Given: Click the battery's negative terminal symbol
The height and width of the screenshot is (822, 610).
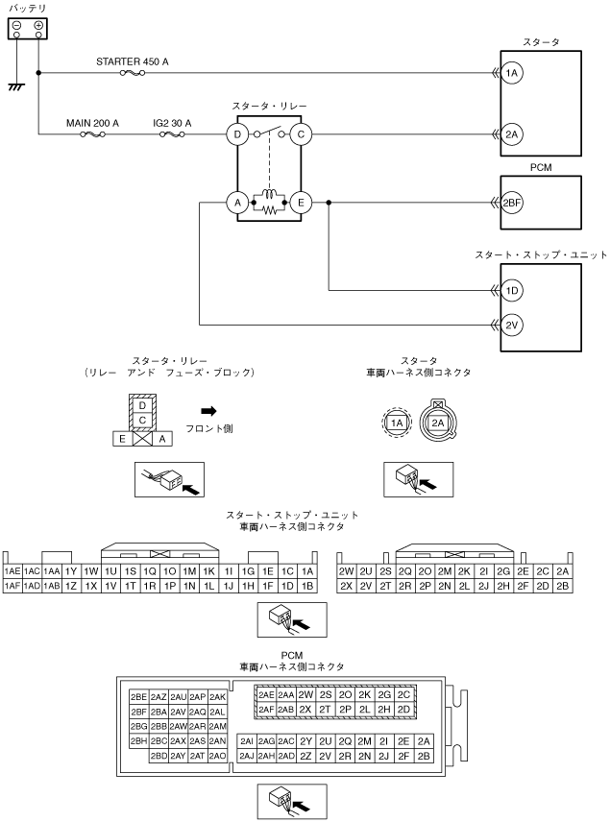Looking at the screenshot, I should pyautogui.click(x=17, y=26).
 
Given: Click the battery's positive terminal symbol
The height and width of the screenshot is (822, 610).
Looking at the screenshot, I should pyautogui.click(x=37, y=26).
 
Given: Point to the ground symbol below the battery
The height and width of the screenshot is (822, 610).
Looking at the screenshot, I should pyautogui.click(x=15, y=86).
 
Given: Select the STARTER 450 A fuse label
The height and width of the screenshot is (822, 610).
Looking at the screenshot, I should pyautogui.click(x=133, y=60).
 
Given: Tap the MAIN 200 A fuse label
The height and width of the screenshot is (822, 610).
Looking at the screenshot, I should pyautogui.click(x=93, y=123).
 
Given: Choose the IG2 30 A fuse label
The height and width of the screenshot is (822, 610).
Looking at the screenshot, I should pyautogui.click(x=172, y=123).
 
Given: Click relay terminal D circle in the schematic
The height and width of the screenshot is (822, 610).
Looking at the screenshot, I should pyautogui.click(x=236, y=134).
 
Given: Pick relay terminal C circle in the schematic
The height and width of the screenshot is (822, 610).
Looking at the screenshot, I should pyautogui.click(x=301, y=134).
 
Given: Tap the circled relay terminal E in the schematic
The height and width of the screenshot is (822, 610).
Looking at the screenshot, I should pyautogui.click(x=301, y=203).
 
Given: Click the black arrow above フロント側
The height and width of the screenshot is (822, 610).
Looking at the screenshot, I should pyautogui.click(x=207, y=410).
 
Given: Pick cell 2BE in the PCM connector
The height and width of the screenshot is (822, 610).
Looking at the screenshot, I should pyautogui.click(x=138, y=696).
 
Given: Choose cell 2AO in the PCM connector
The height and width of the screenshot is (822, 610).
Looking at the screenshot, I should pyautogui.click(x=218, y=756).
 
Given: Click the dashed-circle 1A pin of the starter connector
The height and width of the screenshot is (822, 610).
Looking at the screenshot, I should pyautogui.click(x=395, y=422).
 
